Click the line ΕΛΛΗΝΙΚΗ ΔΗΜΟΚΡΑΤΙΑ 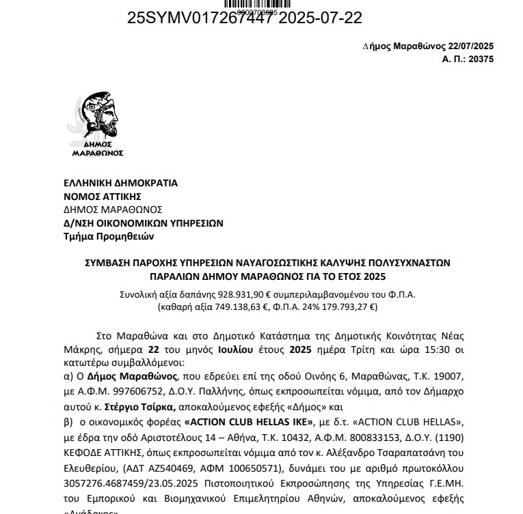pos(120,183)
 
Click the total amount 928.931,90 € pos(244,295)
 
